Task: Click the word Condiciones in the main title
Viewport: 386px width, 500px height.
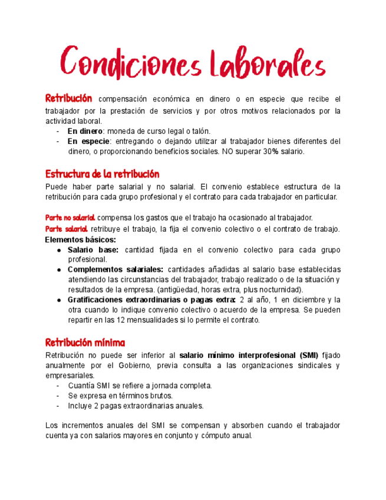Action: pyautogui.click(x=126, y=63)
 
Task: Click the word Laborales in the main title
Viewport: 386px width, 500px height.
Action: pyautogui.click(x=260, y=63)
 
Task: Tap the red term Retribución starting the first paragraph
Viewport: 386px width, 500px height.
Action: pyautogui.click(x=69, y=98)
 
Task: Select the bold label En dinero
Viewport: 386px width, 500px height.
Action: pyautogui.click(x=85, y=131)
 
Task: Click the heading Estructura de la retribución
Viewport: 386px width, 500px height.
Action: pyautogui.click(x=102, y=175)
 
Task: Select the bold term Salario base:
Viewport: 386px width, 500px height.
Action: pyautogui.click(x=93, y=250)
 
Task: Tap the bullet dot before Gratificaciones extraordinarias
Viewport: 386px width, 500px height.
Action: pyautogui.click(x=60, y=300)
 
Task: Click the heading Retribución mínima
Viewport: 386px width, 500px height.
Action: pyautogui.click(x=85, y=343)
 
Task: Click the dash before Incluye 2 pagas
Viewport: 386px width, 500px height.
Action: pyautogui.click(x=58, y=406)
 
